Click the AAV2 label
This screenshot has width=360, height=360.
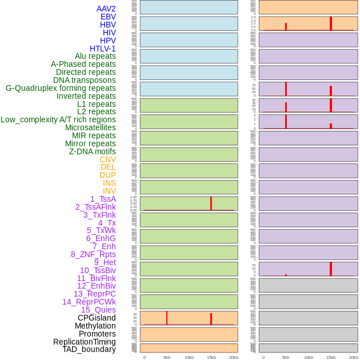(x=106, y=9)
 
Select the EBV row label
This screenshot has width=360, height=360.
(x=108, y=17)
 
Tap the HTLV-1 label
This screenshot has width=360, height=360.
(x=103, y=49)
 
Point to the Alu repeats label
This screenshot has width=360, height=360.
(x=95, y=56)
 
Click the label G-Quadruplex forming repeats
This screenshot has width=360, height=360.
(x=61, y=88)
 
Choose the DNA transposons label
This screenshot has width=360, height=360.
(x=85, y=80)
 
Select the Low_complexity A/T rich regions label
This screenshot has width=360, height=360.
(x=58, y=119)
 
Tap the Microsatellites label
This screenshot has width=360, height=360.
(x=90, y=127)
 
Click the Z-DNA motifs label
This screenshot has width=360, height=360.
(x=93, y=151)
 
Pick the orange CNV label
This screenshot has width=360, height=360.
(x=107, y=159)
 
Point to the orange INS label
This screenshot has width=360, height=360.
(x=109, y=183)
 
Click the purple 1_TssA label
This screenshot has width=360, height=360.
(x=103, y=199)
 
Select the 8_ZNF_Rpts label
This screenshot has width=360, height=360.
(x=93, y=254)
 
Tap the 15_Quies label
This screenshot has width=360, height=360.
(x=98, y=310)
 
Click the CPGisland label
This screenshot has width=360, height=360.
(x=97, y=318)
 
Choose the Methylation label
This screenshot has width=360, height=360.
(x=95, y=326)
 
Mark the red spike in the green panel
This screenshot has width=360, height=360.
(x=211, y=203)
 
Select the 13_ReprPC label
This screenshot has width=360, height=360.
(x=95, y=294)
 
